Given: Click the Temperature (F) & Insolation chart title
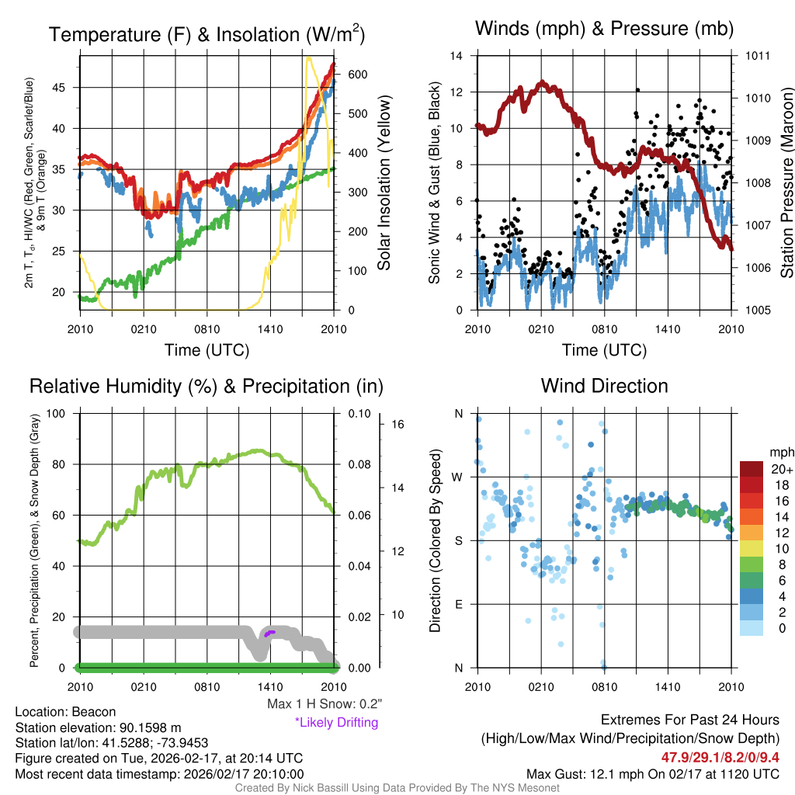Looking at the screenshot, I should point(207,35).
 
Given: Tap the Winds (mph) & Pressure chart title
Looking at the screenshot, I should point(604,29).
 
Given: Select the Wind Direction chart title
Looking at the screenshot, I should point(604,386).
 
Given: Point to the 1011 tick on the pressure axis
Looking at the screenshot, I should point(758,56).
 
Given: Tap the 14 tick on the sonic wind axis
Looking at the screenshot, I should point(457,56).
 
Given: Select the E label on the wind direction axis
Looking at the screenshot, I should point(458,604).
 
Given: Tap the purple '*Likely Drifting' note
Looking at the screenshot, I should point(336,722).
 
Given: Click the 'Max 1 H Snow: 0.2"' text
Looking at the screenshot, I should point(324,704).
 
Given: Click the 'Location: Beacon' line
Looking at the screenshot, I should point(65,712).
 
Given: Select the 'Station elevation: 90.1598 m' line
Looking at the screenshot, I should point(98,727).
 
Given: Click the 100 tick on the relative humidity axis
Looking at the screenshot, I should point(56,413).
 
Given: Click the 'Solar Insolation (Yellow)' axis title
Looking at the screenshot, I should point(384,183).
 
